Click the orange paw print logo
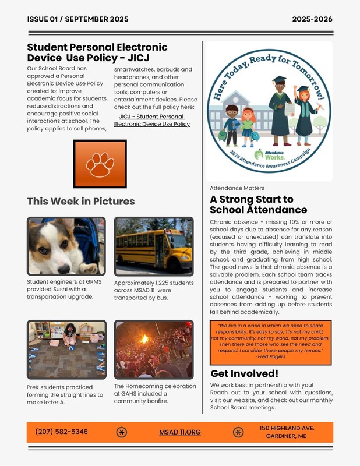tap(100, 164)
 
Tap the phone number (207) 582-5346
tap(62, 432)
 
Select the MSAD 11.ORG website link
tap(179, 432)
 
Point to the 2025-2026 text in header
tap(312, 19)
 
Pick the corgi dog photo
tap(66, 246)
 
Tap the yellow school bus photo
tap(154, 246)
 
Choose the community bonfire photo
tap(154, 349)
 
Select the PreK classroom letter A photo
tap(66, 349)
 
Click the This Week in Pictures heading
tap(81, 202)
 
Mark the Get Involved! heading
tap(245, 373)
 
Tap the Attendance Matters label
tap(237, 188)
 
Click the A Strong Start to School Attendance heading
tap(258, 204)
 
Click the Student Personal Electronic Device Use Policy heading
tap(97, 52)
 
